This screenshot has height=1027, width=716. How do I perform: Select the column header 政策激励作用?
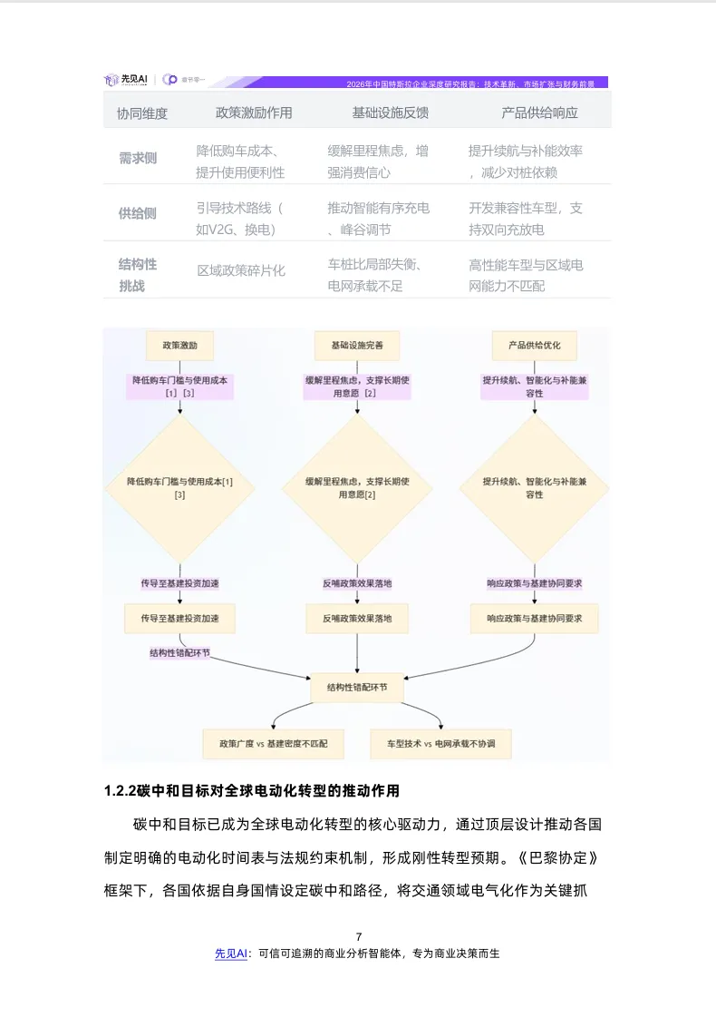tap(254, 113)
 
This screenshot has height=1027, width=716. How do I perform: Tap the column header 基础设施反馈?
tap(391, 113)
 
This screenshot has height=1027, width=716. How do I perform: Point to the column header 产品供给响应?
tap(539, 113)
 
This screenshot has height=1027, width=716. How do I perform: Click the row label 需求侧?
tap(137, 158)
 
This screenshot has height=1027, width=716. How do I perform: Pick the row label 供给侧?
tap(137, 214)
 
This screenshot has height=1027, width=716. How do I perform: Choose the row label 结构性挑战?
tap(137, 275)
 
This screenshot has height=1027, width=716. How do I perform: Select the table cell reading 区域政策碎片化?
tap(241, 270)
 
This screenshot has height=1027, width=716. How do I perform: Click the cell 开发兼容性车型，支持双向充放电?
tap(526, 219)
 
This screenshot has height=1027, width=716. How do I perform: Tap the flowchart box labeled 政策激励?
tap(179, 346)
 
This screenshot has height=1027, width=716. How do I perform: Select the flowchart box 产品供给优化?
tap(534, 346)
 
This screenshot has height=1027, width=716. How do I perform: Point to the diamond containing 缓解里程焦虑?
tap(357, 488)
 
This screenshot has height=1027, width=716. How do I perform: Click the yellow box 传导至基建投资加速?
tap(179, 618)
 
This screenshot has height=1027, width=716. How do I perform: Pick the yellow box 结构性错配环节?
tap(357, 687)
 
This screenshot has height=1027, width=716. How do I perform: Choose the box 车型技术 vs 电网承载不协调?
tap(441, 744)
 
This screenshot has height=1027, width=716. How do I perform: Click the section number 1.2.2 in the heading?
tap(121, 791)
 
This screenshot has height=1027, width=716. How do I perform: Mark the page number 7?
tap(359, 936)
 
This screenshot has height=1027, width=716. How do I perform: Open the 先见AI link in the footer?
tap(231, 954)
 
